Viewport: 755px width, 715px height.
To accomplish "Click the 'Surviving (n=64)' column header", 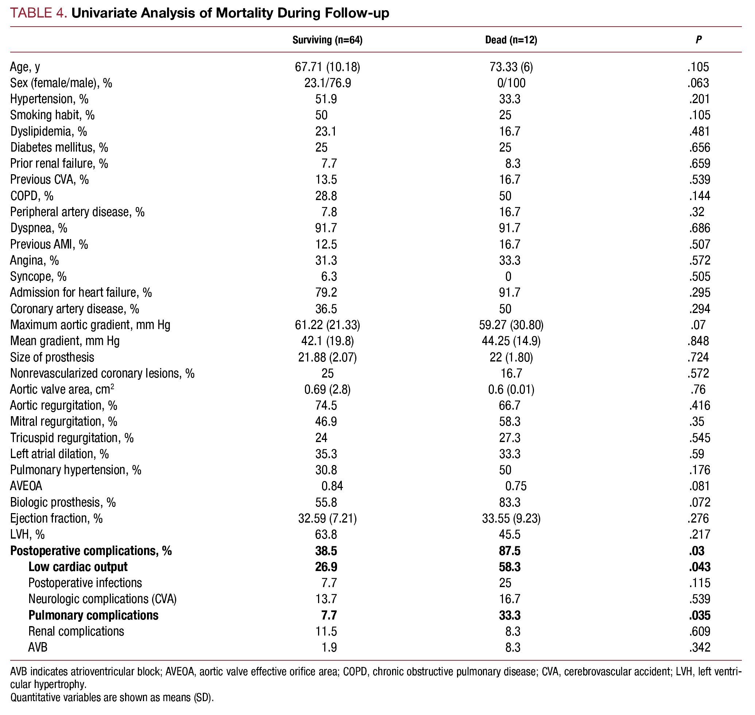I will [327, 40].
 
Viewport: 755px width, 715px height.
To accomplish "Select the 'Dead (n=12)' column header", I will [511, 40].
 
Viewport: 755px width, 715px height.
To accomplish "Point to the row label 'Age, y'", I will [25, 67].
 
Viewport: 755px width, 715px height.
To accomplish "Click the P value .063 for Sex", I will [698, 83].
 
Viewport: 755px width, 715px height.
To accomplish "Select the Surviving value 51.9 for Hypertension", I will [326, 99].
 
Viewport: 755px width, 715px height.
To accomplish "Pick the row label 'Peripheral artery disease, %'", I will [77, 212].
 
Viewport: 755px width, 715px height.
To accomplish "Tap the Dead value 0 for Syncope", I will [508, 276].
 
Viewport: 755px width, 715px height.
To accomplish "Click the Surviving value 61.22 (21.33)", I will [327, 325].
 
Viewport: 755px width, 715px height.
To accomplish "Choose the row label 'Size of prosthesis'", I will [52, 357].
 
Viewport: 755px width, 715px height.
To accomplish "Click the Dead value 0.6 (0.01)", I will [511, 389].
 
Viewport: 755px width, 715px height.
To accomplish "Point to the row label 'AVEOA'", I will [26, 486].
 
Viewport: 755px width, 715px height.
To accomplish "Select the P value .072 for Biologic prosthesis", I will [700, 502].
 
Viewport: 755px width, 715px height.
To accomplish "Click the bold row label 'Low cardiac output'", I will [78, 567].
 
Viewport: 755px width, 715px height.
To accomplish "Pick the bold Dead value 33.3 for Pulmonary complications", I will [510, 615].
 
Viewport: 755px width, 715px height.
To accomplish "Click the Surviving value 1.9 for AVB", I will [329, 648].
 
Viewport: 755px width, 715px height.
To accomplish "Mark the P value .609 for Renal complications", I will [700, 632].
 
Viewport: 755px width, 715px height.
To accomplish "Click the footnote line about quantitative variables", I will [112, 698].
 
